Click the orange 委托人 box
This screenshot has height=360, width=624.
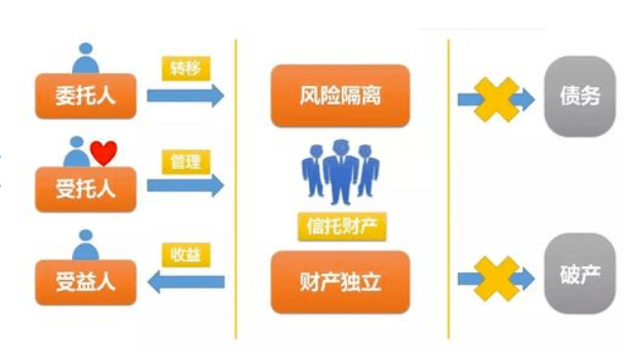[85, 95]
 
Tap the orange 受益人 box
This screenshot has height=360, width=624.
[85, 282]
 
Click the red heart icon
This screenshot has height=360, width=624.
[103, 152]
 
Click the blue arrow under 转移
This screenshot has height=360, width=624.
[185, 95]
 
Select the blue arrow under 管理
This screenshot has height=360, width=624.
[185, 186]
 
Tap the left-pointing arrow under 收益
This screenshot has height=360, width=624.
[185, 282]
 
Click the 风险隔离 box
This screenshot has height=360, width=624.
[338, 96]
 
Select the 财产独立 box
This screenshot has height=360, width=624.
[338, 282]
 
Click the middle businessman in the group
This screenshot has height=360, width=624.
[339, 171]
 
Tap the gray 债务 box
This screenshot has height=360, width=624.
[572, 96]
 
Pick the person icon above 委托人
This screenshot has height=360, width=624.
[87, 57]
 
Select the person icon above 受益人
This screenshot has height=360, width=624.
[87, 242]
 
